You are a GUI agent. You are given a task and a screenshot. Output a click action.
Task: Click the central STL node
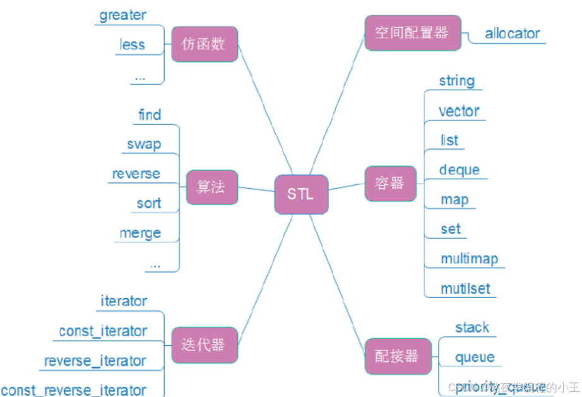(x=301, y=194)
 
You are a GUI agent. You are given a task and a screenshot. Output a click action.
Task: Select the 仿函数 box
(x=204, y=44)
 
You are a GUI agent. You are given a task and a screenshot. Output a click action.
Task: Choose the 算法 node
(x=211, y=187)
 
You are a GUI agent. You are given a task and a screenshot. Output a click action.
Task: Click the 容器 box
(x=390, y=184)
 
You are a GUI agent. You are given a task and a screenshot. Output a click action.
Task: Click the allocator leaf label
(x=513, y=34)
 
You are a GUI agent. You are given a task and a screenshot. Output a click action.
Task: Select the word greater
(x=122, y=15)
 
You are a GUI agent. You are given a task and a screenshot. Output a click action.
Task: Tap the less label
(x=132, y=45)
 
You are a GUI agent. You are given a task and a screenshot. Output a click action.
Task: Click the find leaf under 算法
(x=150, y=115)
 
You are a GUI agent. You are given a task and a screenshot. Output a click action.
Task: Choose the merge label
(x=140, y=233)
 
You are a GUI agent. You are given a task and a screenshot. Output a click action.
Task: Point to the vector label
(x=459, y=112)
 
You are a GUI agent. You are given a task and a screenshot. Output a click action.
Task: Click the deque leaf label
(x=459, y=170)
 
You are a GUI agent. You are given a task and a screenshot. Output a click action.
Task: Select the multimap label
(x=469, y=259)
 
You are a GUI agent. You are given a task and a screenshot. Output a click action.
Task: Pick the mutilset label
(x=465, y=289)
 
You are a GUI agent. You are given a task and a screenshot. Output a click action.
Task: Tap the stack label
(x=472, y=328)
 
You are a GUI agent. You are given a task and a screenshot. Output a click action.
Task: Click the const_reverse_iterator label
(x=74, y=391)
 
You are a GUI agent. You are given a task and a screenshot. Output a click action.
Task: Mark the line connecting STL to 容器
(x=347, y=187)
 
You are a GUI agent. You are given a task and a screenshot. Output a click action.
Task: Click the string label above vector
(x=456, y=81)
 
